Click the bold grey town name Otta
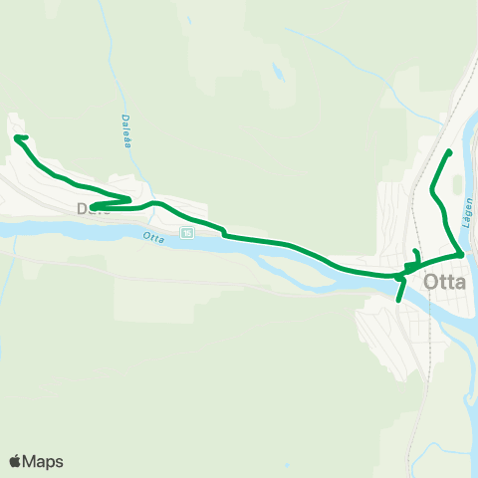pos(445,281)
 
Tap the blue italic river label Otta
pos(152,238)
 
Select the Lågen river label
pos(467,208)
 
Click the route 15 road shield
pos(186,232)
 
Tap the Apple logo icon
pos(16,461)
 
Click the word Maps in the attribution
pos(44,461)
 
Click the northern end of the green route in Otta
pos(451,151)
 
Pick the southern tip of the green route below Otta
pos(398,300)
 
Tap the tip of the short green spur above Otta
pos(416,251)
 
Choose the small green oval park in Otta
pos(457,186)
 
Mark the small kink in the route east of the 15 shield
pos(226,235)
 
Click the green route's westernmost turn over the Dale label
pos(92,207)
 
